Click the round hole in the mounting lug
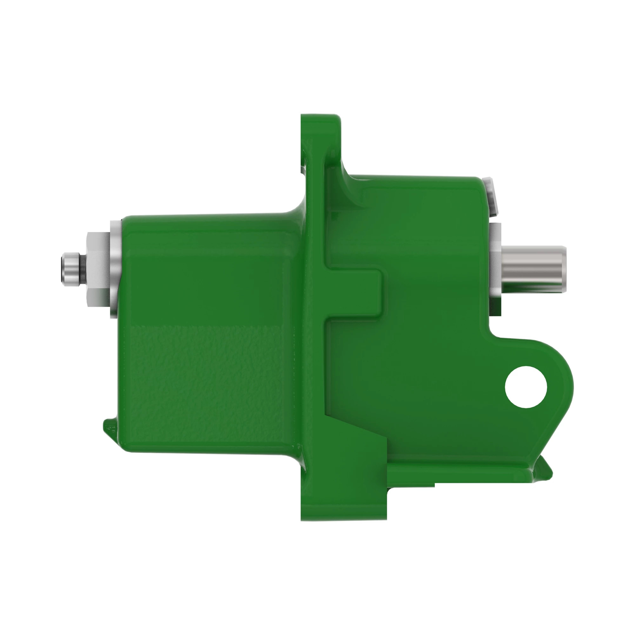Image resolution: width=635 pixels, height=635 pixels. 526,387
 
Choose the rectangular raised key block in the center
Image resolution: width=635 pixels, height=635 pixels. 355,292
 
